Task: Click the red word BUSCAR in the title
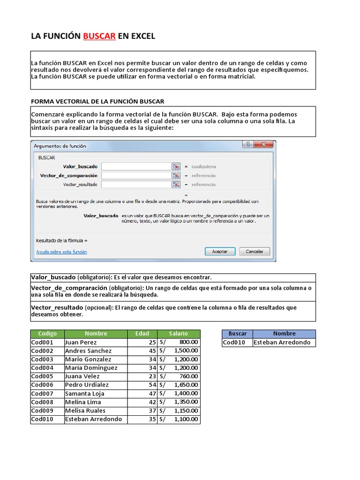pyautogui.click(x=99, y=36)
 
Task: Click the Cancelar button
pyautogui.click(x=255, y=251)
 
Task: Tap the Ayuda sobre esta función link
pyautogui.click(x=61, y=252)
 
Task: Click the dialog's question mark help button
pyautogui.click(x=247, y=145)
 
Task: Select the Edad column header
pyautogui.click(x=142, y=334)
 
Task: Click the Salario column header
pyautogui.click(x=179, y=334)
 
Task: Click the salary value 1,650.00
pyautogui.click(x=186, y=385)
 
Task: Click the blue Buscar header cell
pyautogui.click(x=237, y=334)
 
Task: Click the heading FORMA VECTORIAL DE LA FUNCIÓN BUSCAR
pyautogui.click(x=97, y=101)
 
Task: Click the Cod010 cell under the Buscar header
pyautogui.click(x=237, y=342)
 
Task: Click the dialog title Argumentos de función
pyautogui.click(x=60, y=146)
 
